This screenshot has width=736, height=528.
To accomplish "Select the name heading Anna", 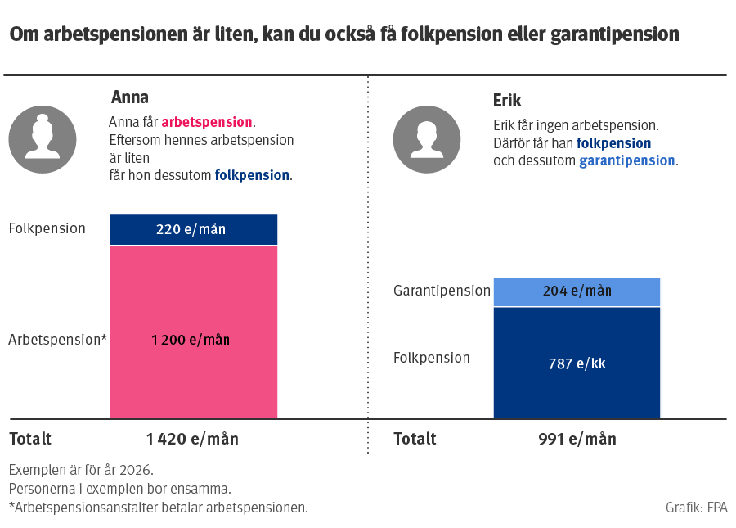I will pos(130,98).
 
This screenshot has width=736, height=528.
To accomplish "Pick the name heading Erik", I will pos(507,101).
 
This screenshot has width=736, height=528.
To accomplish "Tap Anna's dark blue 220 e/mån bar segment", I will pos(194,229).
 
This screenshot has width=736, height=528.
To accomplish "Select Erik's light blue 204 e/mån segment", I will pos(577,291).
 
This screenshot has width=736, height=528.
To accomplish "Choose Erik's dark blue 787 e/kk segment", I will pos(577,363).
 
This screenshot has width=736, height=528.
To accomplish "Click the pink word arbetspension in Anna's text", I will pos(207,122).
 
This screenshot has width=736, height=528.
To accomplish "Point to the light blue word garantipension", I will pos(627,160).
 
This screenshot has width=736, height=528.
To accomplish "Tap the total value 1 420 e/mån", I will pos(193,440).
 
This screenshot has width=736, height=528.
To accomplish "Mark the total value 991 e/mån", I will pos(577,440).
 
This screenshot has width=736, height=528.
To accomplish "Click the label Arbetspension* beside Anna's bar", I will pos(58,340).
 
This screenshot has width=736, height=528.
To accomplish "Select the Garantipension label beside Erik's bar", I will pos(442,291).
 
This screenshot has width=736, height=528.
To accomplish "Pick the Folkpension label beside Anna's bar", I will pos(47,228).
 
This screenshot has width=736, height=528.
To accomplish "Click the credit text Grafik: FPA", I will pos(697,508).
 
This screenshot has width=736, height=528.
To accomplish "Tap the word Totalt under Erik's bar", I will pos(415,440).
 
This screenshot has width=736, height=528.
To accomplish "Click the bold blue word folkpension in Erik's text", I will pos(614,143).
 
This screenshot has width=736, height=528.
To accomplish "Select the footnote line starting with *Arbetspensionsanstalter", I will pos(159,508).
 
